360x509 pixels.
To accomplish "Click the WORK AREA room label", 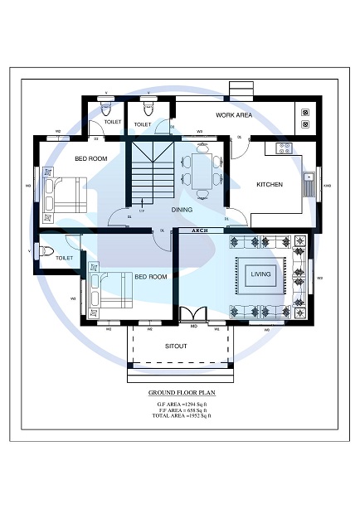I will point(234,115).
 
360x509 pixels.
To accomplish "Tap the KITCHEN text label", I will point(270,184).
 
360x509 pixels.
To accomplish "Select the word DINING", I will point(182,210).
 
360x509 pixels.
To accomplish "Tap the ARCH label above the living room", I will point(200,230).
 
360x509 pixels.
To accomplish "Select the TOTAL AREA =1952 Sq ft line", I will point(179,414).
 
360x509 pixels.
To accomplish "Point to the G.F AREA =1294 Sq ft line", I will point(179,403).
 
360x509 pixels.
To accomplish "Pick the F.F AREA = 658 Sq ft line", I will point(179,409).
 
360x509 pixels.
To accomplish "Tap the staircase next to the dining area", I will point(149,172).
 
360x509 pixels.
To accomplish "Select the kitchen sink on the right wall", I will point(309,183).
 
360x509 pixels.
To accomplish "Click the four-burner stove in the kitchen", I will point(283,148).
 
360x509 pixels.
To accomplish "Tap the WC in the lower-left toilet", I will point(46,250).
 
